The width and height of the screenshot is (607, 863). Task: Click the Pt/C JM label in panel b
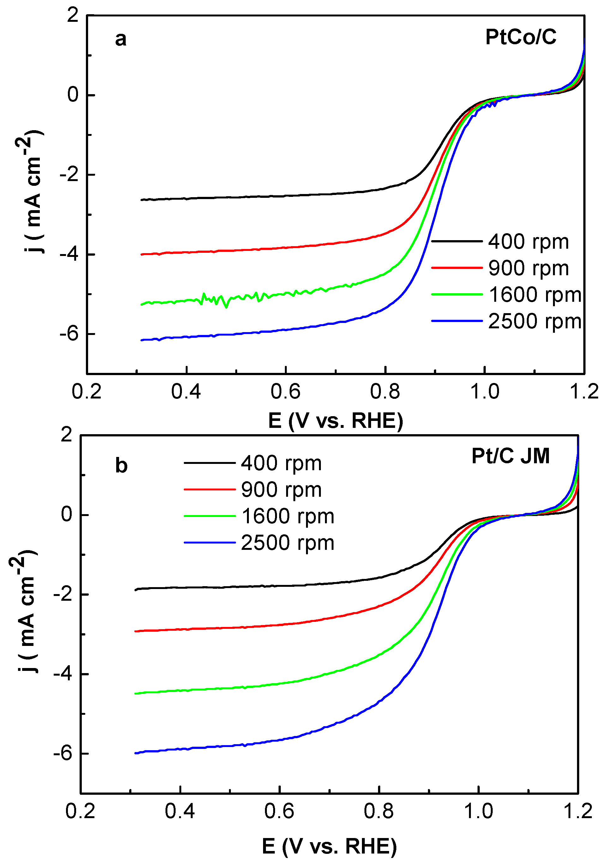pos(510,456)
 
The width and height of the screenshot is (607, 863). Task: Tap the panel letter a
pos(121,39)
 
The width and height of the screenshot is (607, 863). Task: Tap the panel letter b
pos(121,466)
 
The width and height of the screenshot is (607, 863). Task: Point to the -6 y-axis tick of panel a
pos(70,334)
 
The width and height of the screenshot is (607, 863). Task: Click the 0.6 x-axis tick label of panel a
pos(285,392)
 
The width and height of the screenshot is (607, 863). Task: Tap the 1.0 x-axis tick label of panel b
pos(478,811)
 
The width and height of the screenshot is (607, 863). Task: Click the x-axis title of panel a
pos(335,420)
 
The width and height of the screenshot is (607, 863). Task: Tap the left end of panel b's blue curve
pos(136,753)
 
